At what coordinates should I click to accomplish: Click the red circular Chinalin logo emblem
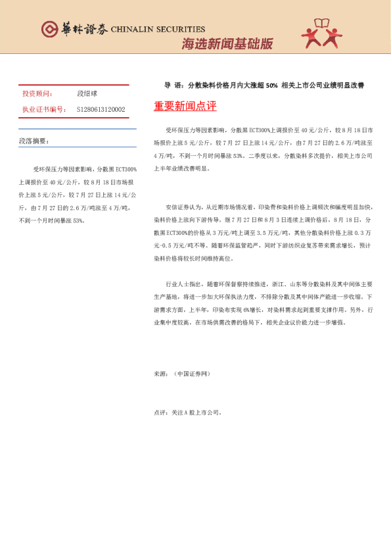click(x=49, y=30)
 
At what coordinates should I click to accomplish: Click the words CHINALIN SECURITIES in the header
click(x=158, y=30)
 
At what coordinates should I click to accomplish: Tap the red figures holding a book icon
click(x=323, y=33)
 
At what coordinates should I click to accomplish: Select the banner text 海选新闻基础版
click(x=227, y=45)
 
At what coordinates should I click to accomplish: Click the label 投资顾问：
click(x=37, y=94)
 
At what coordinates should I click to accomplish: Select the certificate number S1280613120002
click(x=101, y=109)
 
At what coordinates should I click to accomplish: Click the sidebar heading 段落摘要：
click(x=34, y=141)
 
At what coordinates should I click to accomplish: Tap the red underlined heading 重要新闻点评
click(x=185, y=107)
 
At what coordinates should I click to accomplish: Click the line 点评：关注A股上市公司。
click(x=187, y=413)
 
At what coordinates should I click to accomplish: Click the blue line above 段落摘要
click(x=77, y=128)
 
